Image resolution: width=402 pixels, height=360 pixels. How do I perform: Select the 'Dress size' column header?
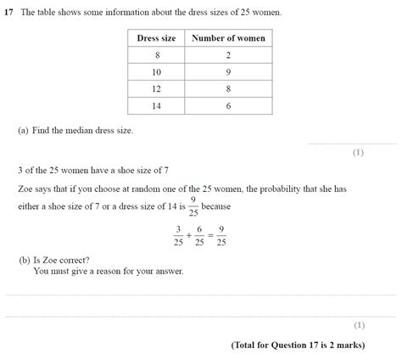pos(155,38)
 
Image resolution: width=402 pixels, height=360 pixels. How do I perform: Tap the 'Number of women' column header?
pos(228,38)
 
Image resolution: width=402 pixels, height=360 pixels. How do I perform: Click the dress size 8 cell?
pos(155,55)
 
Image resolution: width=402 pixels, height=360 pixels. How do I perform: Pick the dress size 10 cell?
pos(155,72)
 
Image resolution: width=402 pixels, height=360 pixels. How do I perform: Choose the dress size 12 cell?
pos(155,89)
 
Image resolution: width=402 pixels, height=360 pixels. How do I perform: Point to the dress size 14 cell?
pos(155,106)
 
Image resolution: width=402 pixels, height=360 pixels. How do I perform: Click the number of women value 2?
pos(228,55)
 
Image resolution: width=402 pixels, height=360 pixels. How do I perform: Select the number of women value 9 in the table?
pos(228,72)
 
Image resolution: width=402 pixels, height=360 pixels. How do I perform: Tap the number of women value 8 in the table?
pos(228,89)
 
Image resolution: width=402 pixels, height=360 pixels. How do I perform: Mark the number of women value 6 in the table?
pos(228,106)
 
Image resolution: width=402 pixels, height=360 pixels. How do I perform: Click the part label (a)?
pos(22,131)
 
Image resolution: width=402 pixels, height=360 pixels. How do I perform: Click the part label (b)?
pos(23,260)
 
